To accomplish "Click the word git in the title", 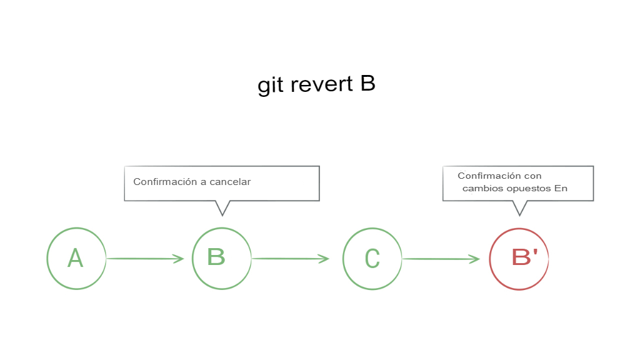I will pyautogui.click(x=271, y=86).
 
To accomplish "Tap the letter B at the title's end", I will pyautogui.click(x=367, y=83).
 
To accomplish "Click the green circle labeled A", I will pyautogui.click(x=75, y=258).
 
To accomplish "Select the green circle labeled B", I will pyautogui.click(x=221, y=258).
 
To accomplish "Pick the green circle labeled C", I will pyautogui.click(x=372, y=258).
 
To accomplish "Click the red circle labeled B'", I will pyautogui.click(x=519, y=258).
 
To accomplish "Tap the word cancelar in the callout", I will pyautogui.click(x=230, y=182).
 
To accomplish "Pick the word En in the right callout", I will pyautogui.click(x=561, y=188).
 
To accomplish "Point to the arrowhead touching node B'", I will pyautogui.click(x=476, y=259).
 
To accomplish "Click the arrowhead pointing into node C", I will pyautogui.click(x=324, y=259).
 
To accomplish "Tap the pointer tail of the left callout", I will pyautogui.click(x=222, y=207).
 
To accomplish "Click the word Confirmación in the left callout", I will pyautogui.click(x=161, y=182).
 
